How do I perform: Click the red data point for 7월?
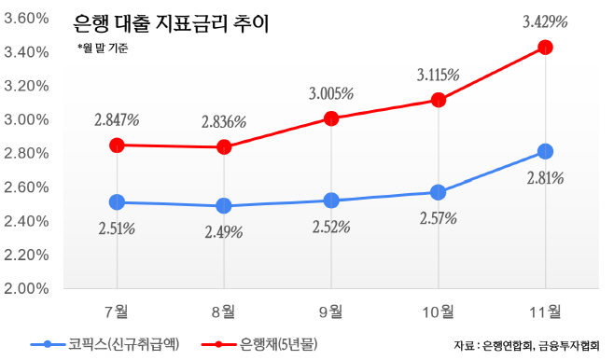click(x=117, y=145)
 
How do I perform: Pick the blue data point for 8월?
click(x=224, y=205)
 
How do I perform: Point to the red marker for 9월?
click(x=331, y=118)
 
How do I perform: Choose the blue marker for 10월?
click(x=439, y=192)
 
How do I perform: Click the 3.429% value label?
click(x=545, y=21)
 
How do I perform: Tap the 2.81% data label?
click(x=545, y=178)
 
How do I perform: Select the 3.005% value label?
click(x=330, y=93)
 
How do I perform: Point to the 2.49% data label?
click(x=224, y=231)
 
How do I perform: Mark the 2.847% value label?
click(x=117, y=119)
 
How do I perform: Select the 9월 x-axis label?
click(x=331, y=311)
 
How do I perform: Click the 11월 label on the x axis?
click(x=546, y=311)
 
